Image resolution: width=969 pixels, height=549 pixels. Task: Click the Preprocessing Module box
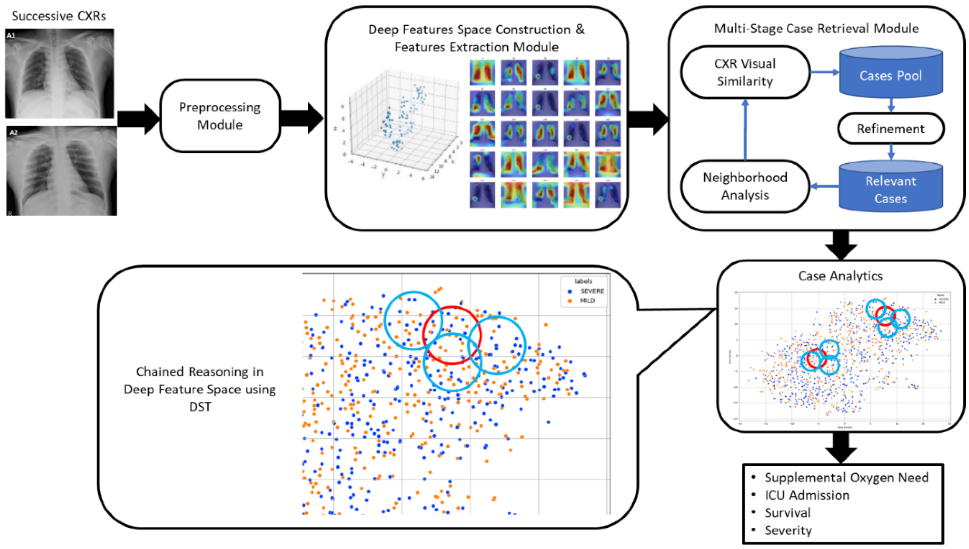[220, 116]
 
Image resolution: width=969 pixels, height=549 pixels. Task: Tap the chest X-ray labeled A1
[60, 73]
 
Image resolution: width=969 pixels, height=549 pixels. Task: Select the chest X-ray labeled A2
[61, 171]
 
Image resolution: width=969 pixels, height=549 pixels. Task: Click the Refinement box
[890, 128]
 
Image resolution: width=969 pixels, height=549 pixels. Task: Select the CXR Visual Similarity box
[745, 72]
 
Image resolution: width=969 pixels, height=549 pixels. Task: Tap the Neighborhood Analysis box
[745, 186]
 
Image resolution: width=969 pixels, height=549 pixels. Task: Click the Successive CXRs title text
[59, 16]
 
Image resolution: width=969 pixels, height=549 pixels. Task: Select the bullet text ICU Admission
[807, 495]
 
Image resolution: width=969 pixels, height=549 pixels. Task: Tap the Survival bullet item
[787, 513]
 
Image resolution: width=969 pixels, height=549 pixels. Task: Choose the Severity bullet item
[788, 530]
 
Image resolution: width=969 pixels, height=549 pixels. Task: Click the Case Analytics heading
[841, 276]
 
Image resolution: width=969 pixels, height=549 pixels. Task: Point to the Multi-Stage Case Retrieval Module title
[816, 28]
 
